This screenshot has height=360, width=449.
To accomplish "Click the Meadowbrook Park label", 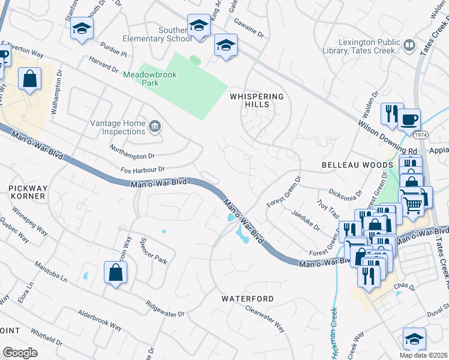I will click(141, 79).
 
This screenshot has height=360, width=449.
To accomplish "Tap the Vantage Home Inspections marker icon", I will click(155, 125).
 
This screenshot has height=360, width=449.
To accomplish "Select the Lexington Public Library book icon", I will click(409, 46).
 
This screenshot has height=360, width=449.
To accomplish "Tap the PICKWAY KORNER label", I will click(27, 192).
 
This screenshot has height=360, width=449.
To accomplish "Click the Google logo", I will click(20, 352).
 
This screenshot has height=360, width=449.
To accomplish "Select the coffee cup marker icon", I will click(409, 119).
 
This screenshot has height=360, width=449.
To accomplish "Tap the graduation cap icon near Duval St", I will click(414, 339).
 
